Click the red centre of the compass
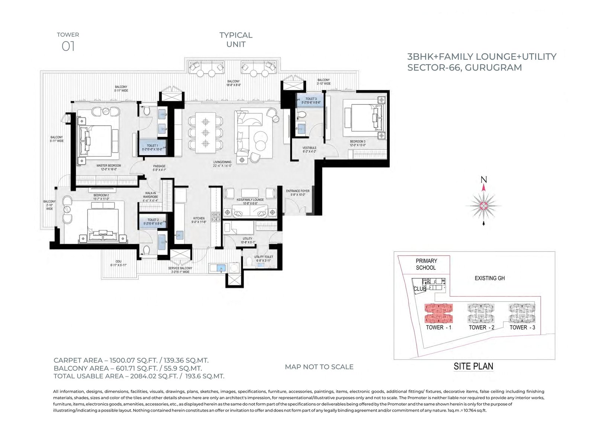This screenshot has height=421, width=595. pyautogui.click(x=483, y=205)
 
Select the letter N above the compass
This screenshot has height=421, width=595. pyautogui.click(x=483, y=180)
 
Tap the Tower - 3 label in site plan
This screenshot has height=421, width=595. pyautogui.click(x=522, y=327)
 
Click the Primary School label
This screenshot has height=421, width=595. pyautogui.click(x=426, y=264)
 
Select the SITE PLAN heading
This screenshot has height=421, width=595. pyautogui.click(x=473, y=366)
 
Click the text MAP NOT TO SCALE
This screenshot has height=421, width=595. pyautogui.click(x=319, y=367)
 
